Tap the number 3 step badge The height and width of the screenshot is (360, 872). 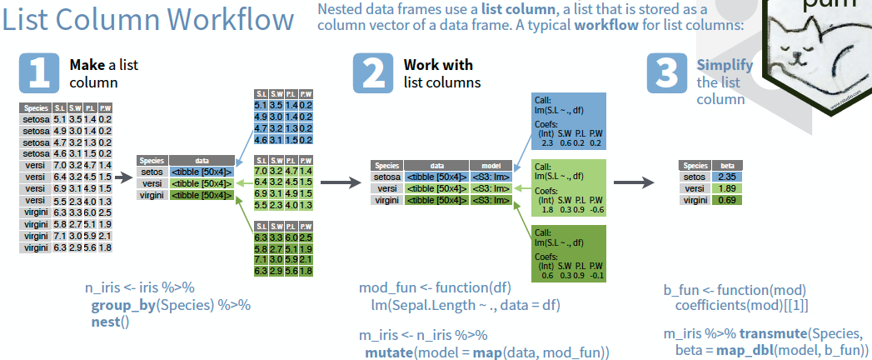[x=667, y=72]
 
